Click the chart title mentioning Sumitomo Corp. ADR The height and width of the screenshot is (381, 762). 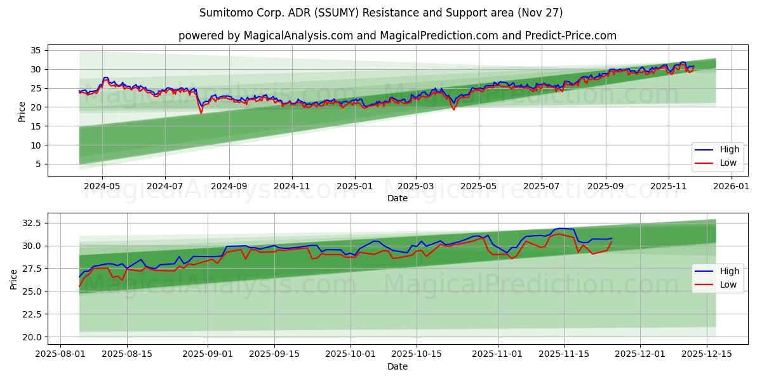coord(380,13)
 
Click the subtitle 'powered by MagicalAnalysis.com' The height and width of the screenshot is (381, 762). coord(397,36)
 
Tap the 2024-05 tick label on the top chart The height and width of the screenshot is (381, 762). coord(102,187)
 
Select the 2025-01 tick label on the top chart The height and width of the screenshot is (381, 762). coord(354,187)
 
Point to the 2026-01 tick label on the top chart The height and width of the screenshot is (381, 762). coord(732,187)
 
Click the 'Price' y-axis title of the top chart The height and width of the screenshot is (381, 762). coord(22,111)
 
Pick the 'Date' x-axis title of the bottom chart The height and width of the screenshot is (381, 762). coord(398,366)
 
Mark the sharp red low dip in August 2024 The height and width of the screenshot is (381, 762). coord(201,113)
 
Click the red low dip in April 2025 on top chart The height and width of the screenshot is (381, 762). coord(453,109)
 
